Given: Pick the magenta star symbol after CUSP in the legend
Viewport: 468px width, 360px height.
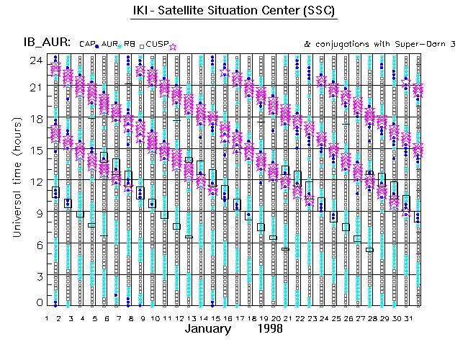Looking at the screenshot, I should pos(173,46).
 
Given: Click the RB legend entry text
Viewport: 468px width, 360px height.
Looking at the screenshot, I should pos(130,45).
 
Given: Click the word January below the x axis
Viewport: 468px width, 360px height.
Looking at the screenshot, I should pos(208,329).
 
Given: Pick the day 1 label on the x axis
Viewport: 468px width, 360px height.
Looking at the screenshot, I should pos(47,318).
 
